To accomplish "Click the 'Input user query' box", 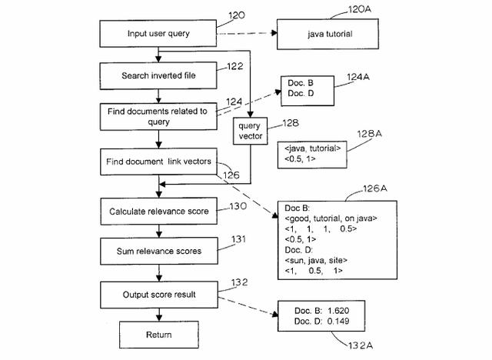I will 158,34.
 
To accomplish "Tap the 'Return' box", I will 158,334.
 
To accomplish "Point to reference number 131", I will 240,239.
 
